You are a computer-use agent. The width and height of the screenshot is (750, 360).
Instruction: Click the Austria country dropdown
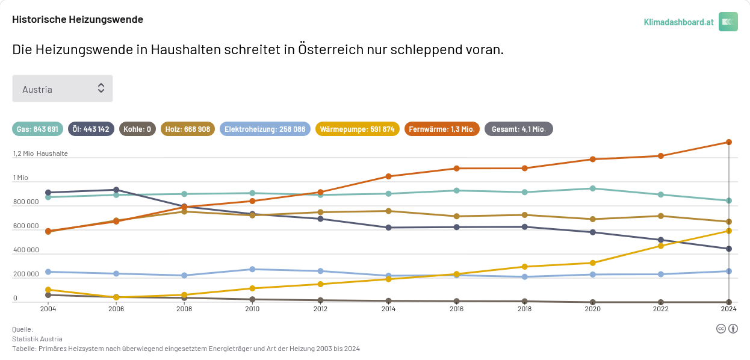(63, 88)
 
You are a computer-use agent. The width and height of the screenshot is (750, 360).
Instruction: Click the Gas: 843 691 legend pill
(37, 129)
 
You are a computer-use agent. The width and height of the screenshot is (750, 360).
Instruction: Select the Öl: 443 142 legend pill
(90, 129)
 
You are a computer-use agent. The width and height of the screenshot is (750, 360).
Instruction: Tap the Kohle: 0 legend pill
(137, 129)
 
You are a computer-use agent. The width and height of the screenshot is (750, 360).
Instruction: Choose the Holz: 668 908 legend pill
(188, 129)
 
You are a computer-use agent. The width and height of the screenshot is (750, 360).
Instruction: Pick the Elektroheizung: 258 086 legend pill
(265, 129)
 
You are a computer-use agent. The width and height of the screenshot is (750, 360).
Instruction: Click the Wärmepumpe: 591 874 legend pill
(357, 129)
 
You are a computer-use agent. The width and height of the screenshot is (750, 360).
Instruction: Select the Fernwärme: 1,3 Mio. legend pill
(442, 129)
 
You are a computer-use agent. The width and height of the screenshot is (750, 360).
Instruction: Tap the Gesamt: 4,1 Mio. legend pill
(519, 129)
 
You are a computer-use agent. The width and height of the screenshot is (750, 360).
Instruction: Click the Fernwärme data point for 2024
(729, 142)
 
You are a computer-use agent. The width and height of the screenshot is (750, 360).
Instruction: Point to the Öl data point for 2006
(116, 190)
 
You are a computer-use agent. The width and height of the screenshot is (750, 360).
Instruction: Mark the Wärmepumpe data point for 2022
(661, 246)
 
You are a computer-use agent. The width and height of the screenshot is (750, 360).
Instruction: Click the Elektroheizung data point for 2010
(252, 269)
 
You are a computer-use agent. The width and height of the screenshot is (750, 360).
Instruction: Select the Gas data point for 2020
(593, 188)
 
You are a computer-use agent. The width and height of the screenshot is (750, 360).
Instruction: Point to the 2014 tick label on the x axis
(388, 309)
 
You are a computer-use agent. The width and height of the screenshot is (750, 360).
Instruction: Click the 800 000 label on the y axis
(26, 202)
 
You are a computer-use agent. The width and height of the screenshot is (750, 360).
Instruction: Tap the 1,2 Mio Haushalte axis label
(40, 154)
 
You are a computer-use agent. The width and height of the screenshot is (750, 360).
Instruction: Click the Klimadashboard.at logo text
(678, 22)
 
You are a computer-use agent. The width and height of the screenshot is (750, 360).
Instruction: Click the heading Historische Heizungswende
(78, 19)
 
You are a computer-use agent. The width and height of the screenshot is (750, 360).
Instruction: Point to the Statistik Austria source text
(37, 339)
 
